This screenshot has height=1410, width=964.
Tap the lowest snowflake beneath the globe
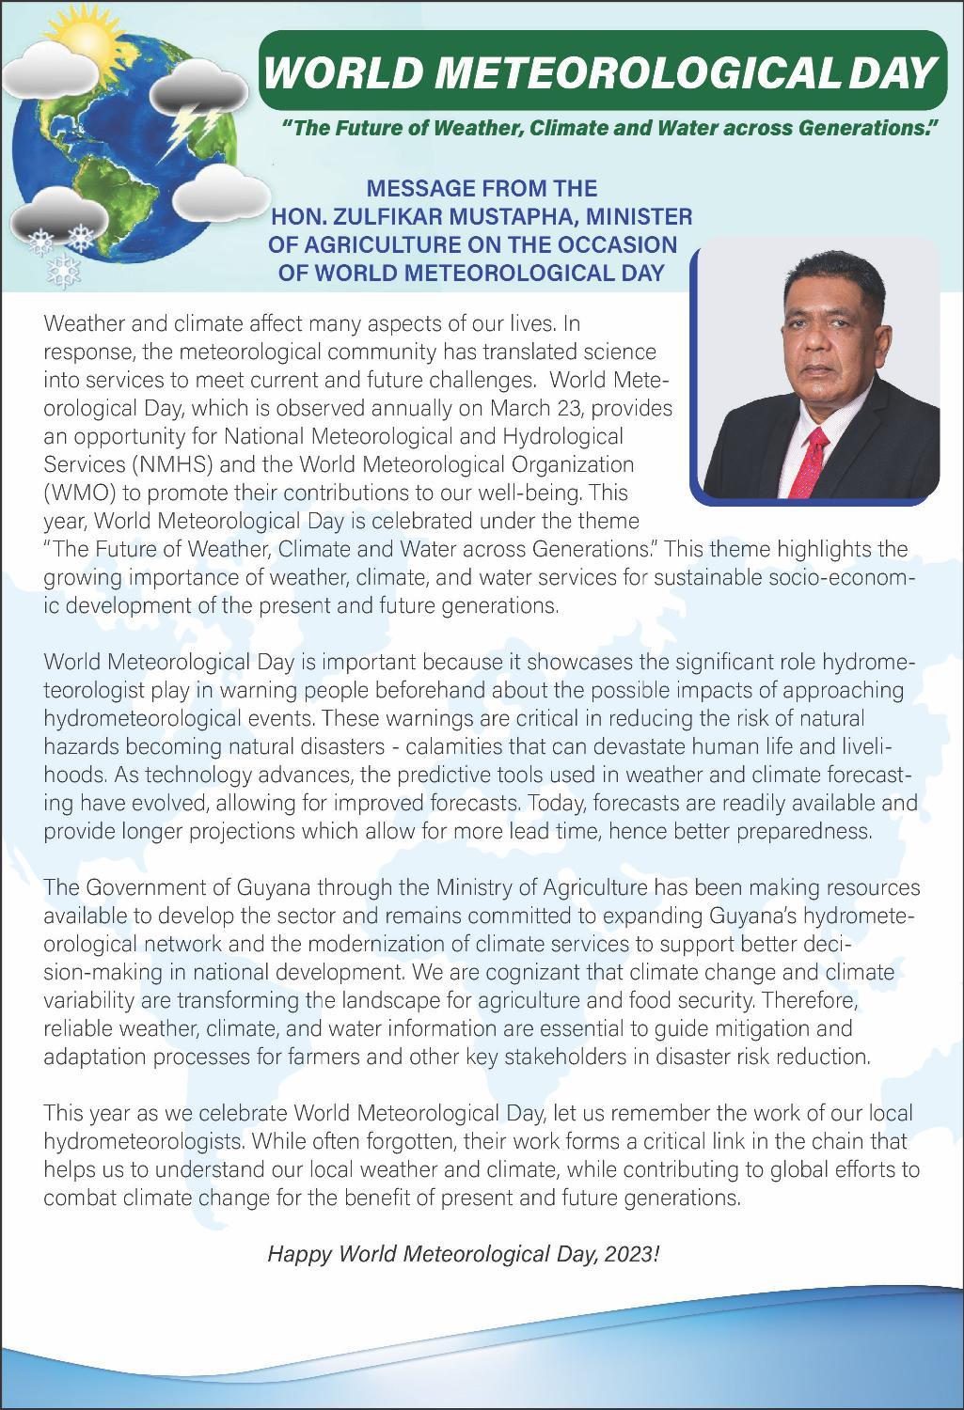64,271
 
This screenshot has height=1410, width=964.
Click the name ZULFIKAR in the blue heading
374,216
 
